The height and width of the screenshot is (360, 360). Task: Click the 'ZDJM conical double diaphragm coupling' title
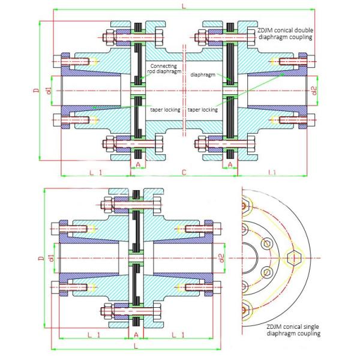[x=286, y=34]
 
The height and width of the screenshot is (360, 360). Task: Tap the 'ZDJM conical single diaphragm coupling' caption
[x=293, y=330]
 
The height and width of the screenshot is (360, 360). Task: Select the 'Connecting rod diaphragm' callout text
[x=164, y=68]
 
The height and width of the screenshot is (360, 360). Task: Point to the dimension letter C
[x=184, y=172]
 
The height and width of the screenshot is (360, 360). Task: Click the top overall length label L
[x=184, y=6]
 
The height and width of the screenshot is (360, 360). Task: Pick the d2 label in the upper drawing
[x=314, y=91]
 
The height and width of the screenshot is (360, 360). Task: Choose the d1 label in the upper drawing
[x=49, y=91]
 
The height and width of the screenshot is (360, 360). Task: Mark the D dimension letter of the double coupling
[x=36, y=91]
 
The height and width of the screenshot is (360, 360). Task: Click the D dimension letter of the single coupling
[x=41, y=258]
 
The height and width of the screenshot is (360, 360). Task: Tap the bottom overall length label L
[x=136, y=346]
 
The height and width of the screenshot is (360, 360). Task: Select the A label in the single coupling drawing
[x=136, y=335]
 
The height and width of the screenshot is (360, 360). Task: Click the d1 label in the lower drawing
[x=52, y=258]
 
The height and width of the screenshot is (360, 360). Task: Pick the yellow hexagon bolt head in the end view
[x=293, y=258]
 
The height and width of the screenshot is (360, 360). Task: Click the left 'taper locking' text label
[x=165, y=110]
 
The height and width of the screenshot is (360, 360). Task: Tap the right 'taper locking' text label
[x=203, y=110]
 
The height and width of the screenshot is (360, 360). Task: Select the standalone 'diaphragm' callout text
[x=203, y=74]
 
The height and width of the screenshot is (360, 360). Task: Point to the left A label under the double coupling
[x=138, y=164]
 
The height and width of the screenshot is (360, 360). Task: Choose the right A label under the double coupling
[x=230, y=164]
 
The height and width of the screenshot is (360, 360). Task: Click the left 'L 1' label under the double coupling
[x=95, y=172]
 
